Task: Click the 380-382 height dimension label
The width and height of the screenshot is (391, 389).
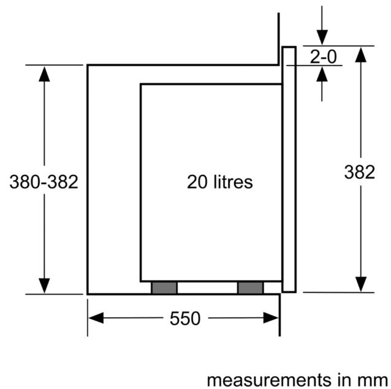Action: click(x=44, y=182)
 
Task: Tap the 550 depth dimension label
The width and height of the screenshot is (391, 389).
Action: click(x=185, y=318)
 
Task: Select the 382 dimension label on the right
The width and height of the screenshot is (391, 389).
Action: click(x=360, y=172)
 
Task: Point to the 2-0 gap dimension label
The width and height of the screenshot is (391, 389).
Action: click(x=323, y=56)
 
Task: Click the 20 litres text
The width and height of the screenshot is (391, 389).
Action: click(x=219, y=182)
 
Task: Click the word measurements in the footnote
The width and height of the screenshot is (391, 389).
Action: click(x=269, y=380)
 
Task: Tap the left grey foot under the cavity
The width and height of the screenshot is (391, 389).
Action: click(x=164, y=288)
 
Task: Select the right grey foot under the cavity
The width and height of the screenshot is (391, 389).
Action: click(x=251, y=288)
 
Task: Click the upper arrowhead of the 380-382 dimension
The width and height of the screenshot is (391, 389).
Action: click(x=44, y=74)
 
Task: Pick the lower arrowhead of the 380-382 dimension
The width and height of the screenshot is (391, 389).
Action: click(x=44, y=286)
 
